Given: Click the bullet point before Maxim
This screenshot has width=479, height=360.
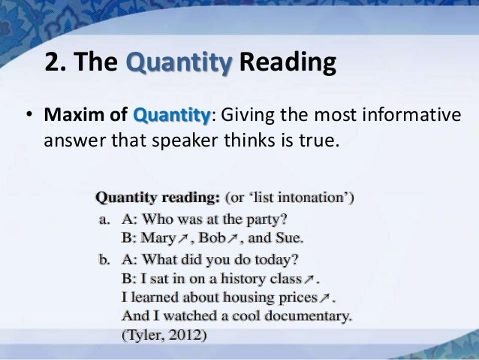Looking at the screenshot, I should pos(30,118).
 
